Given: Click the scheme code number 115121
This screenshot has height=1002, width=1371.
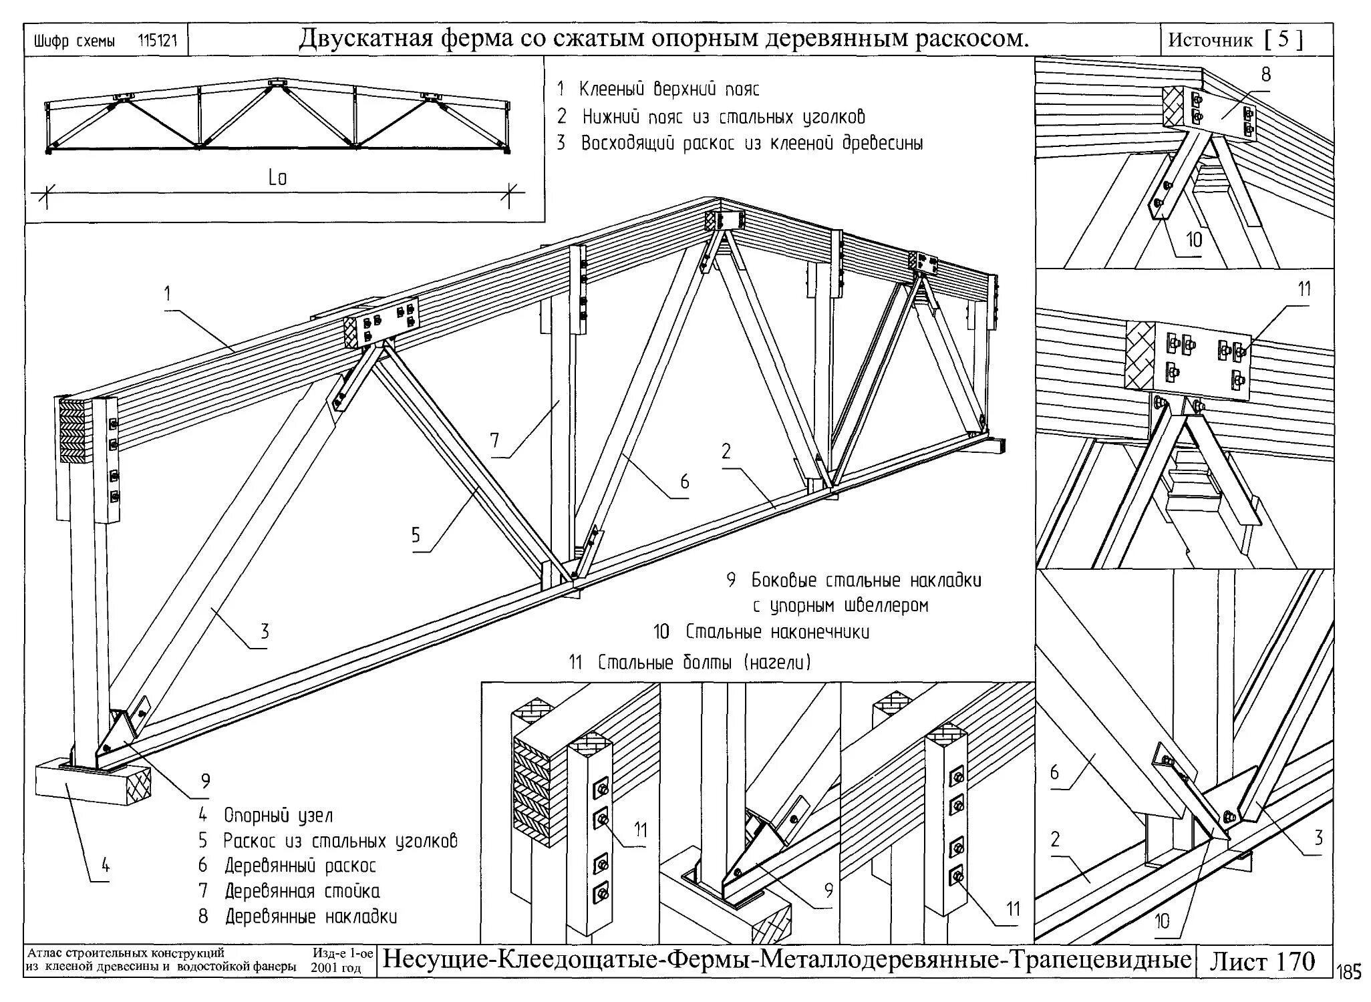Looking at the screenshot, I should coord(158,41).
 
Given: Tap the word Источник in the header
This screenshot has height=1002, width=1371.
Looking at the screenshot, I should coord(1210,41).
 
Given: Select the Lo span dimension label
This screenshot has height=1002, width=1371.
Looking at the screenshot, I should coord(277,178).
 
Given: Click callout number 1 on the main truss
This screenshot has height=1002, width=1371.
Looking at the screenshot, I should coord(168,294).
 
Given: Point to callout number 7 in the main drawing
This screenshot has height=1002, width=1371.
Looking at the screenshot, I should coord(494,440).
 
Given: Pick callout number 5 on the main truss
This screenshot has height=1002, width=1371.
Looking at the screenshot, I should coord(416,535).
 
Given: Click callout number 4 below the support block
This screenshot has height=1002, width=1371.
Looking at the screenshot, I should coord(106,866).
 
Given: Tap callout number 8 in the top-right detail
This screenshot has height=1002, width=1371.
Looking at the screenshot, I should coord(1265,75).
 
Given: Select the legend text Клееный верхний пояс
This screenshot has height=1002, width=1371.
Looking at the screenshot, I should coord(669,89).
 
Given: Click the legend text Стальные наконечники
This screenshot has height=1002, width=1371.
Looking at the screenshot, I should coord(778,631).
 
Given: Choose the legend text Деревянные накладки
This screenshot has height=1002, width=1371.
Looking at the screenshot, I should coord(311,916).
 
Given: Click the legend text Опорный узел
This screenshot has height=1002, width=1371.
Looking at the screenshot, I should coord(278,815).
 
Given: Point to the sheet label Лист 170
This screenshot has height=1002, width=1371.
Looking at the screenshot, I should coord(1261,962).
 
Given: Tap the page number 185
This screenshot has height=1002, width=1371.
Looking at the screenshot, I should coord(1351,973).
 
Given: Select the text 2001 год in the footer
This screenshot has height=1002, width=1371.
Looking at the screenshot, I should coord(336,968).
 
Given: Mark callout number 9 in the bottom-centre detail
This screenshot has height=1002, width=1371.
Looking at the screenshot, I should coord(828,890).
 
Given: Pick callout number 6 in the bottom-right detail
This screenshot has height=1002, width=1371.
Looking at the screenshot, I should coord(1054,773).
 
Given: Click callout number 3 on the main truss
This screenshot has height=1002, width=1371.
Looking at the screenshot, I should coord(265,631).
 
